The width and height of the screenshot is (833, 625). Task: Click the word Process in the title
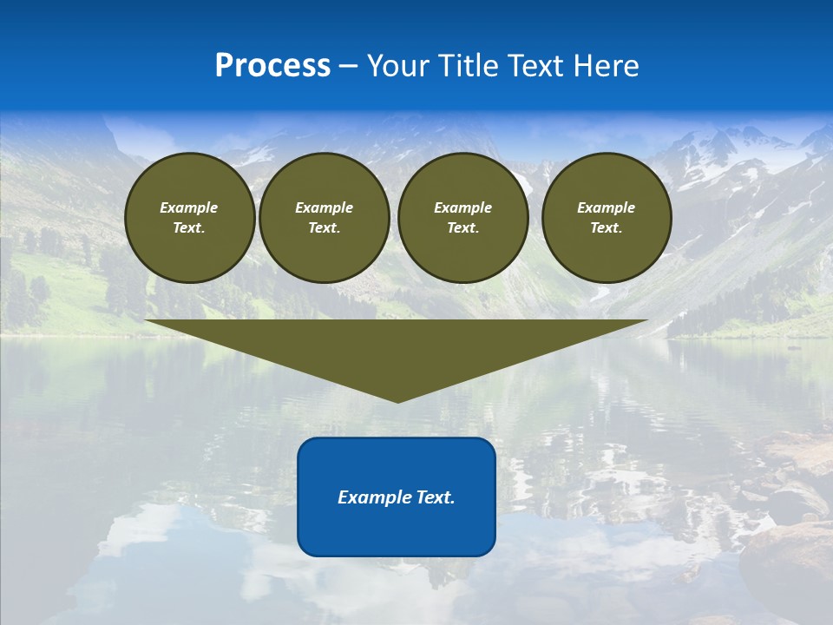(x=272, y=66)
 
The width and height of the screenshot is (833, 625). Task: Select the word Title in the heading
(x=464, y=66)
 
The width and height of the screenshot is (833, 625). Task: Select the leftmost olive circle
(x=190, y=218)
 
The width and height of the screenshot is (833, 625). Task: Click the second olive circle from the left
(x=325, y=218)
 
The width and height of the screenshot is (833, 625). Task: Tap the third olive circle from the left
(x=463, y=218)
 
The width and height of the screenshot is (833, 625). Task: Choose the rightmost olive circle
(x=607, y=218)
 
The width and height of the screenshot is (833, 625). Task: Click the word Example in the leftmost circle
(x=189, y=207)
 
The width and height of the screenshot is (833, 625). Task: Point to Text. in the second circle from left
(x=325, y=228)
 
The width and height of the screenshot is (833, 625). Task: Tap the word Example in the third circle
(x=463, y=207)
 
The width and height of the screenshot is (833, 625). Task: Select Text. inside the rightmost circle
(x=607, y=228)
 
